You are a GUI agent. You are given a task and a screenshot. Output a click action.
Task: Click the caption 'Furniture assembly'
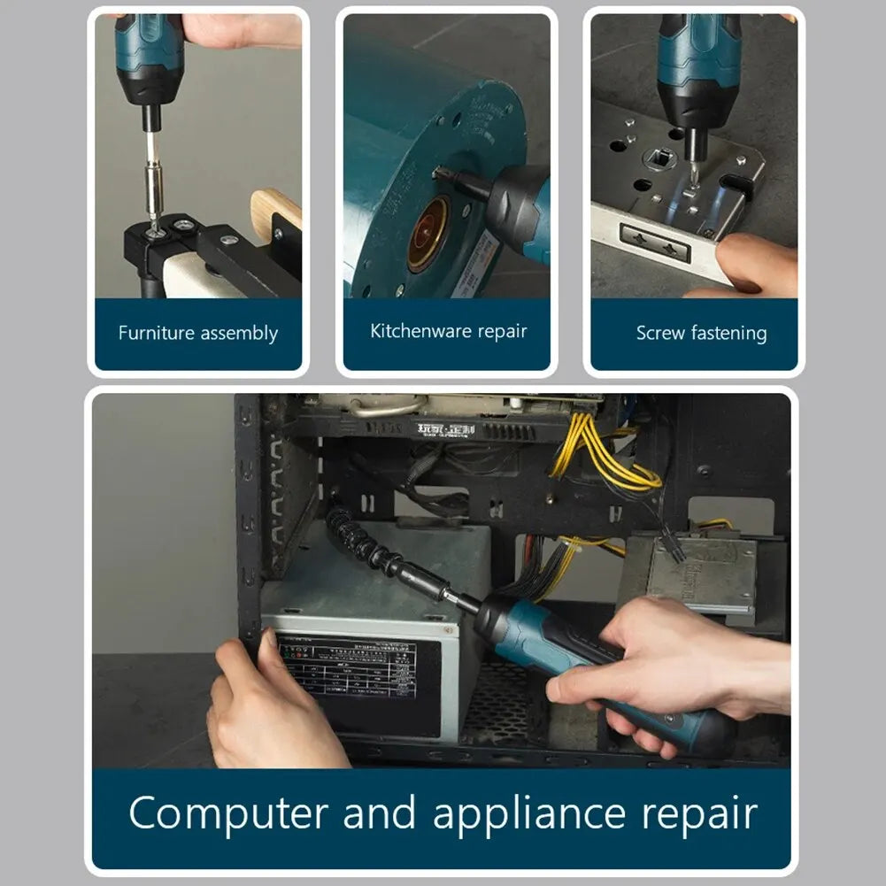click(x=198, y=334)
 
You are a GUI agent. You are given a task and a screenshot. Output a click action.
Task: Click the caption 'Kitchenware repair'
click(x=448, y=332)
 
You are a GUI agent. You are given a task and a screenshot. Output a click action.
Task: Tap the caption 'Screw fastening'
click(x=701, y=334)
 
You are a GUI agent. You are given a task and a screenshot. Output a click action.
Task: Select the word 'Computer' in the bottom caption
click(x=228, y=814)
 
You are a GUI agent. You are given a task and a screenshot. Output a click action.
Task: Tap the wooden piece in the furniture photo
click(x=275, y=212)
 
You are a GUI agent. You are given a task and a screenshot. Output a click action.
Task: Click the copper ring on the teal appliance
click(x=428, y=234)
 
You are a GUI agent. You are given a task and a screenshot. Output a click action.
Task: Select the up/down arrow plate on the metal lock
click(x=655, y=242)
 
